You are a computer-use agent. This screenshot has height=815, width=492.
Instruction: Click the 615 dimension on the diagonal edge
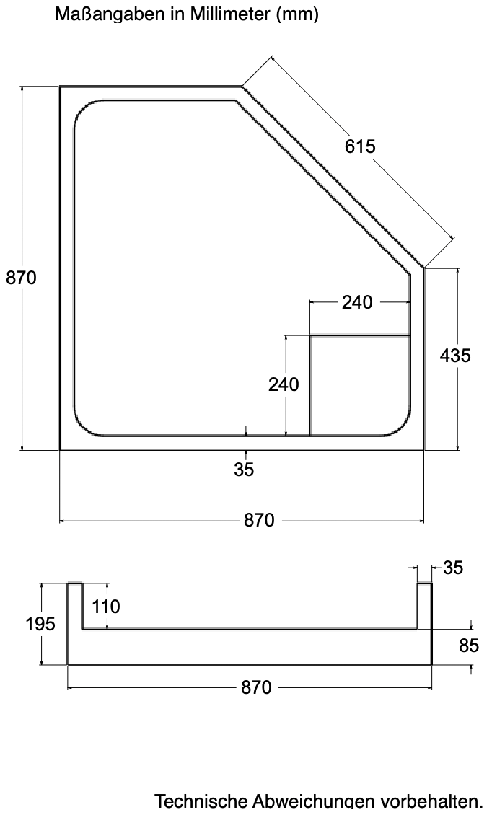coord(360,146)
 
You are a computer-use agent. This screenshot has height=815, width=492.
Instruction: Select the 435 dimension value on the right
coord(455,356)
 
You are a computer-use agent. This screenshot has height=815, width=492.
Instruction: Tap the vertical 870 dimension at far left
coord(22,278)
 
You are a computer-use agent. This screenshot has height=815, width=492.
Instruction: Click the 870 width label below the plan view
coord(259,520)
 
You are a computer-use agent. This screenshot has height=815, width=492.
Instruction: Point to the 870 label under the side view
coord(256,687)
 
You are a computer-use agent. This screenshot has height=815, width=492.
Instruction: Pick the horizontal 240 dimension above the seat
coord(357,302)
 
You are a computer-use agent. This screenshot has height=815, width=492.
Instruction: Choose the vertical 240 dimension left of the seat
coord(284,384)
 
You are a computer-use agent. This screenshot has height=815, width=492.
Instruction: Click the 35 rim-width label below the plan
coord(244,470)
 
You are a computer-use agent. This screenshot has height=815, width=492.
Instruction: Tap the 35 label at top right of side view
coord(452,568)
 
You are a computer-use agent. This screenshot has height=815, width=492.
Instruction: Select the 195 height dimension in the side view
coord(40,623)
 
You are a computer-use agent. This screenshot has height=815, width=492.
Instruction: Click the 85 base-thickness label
coord(469,646)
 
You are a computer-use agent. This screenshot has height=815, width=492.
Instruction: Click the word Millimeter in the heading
coord(230,14)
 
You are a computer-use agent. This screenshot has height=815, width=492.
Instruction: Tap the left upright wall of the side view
coord(75,624)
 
